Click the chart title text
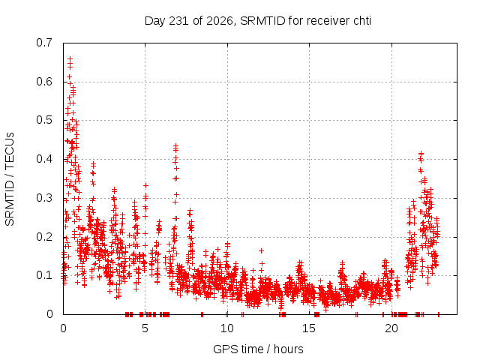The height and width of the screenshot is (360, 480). click(258, 21)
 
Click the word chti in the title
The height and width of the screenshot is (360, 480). click(362, 21)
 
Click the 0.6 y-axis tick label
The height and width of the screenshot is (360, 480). click(44, 82)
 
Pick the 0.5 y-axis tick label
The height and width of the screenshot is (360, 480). click(44, 120)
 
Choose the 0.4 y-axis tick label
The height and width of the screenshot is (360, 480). click(44, 159)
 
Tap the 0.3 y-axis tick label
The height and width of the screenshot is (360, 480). click(44, 198)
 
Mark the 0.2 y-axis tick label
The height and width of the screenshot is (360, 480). click(44, 237)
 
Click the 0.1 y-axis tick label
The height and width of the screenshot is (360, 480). click(44, 275)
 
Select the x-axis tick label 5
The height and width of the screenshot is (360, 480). click(145, 328)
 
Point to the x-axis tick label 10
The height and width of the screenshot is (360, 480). click(226, 328)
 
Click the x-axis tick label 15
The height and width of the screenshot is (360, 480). click(309, 328)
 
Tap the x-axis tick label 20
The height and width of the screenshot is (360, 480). click(391, 328)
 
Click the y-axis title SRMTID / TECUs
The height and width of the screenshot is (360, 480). click(10, 179)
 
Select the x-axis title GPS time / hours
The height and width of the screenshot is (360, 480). click(258, 349)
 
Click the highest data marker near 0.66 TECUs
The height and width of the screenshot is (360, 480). click(70, 58)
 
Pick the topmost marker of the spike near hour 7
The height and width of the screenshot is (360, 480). click(175, 145)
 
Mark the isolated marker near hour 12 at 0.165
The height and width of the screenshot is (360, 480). click(261, 250)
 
